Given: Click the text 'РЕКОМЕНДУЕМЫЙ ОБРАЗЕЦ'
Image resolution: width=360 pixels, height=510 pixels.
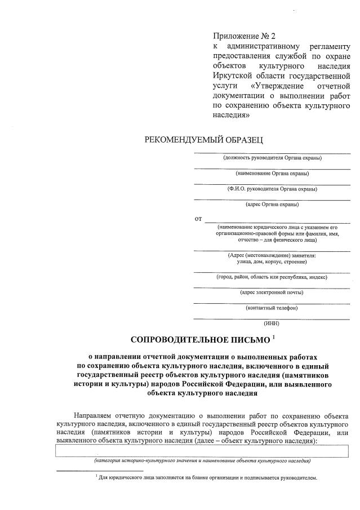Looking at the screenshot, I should click(204, 139).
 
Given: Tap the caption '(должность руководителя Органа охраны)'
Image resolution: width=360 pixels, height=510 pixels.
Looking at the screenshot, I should click(272, 158).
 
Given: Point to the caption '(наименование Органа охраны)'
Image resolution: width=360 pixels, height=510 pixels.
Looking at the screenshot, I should click(272, 174).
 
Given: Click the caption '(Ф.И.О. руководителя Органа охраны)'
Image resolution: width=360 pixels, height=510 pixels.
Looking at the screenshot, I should click(272, 189).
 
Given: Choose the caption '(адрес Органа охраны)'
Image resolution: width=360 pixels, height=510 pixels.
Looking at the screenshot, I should click(272, 205).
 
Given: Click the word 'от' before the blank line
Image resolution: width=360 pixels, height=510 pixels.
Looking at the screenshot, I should click(198, 218).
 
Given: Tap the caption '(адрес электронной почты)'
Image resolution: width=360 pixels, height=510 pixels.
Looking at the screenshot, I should click(272, 292).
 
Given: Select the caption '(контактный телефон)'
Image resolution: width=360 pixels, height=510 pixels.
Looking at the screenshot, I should click(272, 308).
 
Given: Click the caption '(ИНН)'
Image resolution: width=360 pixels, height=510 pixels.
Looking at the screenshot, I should click(272, 323).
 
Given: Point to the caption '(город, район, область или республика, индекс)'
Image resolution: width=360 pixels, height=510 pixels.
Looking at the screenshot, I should click(272, 277).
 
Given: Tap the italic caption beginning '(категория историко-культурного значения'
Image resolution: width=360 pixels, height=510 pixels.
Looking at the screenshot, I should click(202, 461).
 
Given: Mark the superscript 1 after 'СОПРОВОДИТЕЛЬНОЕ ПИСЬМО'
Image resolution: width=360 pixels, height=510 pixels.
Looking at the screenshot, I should click(273, 337).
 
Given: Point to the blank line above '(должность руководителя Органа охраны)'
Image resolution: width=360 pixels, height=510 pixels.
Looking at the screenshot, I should click(272, 152).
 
